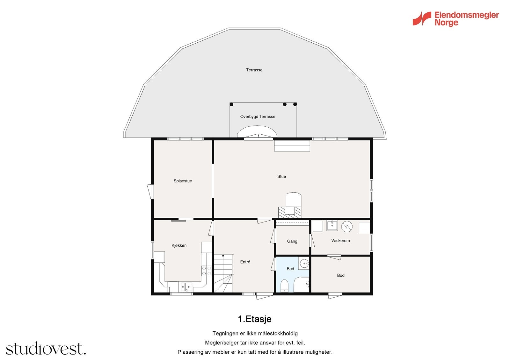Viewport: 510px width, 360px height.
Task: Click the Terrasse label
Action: [x=254, y=70]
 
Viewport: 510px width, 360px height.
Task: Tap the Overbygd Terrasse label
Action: [x=258, y=117]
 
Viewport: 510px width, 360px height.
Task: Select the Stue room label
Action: [x=281, y=177]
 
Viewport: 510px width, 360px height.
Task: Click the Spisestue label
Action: [x=183, y=181]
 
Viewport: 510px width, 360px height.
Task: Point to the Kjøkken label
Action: [x=179, y=245]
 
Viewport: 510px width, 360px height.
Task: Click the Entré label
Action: [x=245, y=262]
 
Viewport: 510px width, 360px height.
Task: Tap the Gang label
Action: [x=292, y=241]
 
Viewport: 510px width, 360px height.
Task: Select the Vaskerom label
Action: [x=340, y=241]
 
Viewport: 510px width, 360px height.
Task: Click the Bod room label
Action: [x=341, y=275]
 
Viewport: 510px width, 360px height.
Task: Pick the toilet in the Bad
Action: [x=284, y=286]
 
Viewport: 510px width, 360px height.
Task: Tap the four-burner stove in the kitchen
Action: [x=206, y=271]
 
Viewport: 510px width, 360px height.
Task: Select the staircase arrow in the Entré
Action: [x=223, y=256]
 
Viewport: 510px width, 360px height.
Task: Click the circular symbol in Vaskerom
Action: [x=346, y=226]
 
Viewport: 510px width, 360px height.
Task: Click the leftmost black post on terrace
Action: [x=231, y=104]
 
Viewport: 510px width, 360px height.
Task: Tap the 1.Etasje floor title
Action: [x=254, y=319]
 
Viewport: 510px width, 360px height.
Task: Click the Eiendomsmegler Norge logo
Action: [x=455, y=19]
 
